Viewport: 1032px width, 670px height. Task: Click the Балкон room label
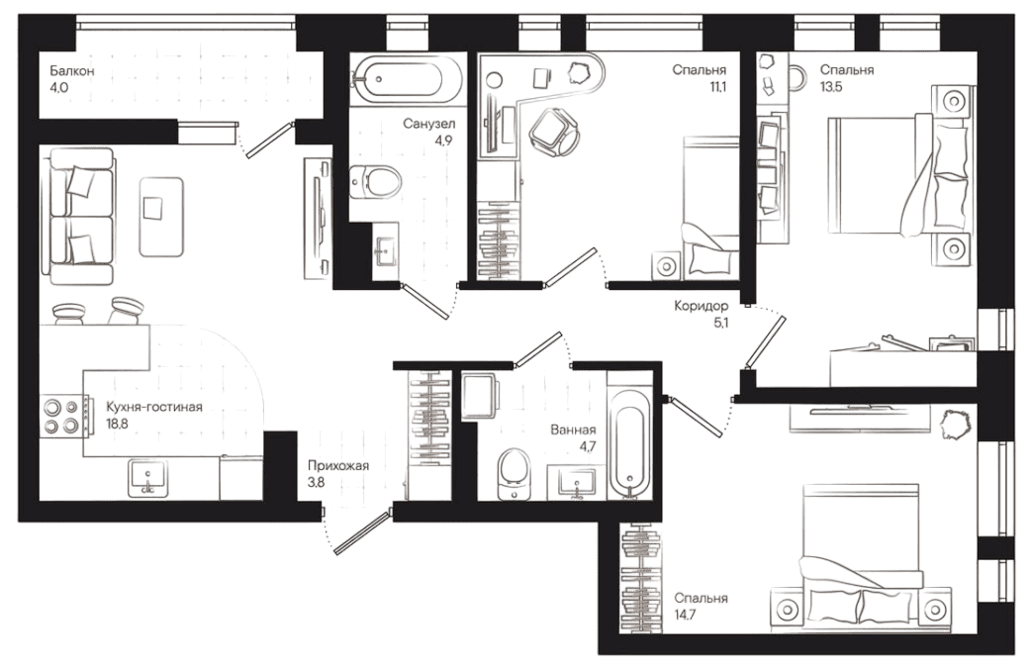coord(72,72)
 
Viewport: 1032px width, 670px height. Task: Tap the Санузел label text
coord(428,125)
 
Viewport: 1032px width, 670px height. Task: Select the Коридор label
coord(701,307)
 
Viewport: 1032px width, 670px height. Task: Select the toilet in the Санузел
coord(375,182)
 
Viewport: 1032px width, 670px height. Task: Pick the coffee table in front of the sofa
coord(158,212)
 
